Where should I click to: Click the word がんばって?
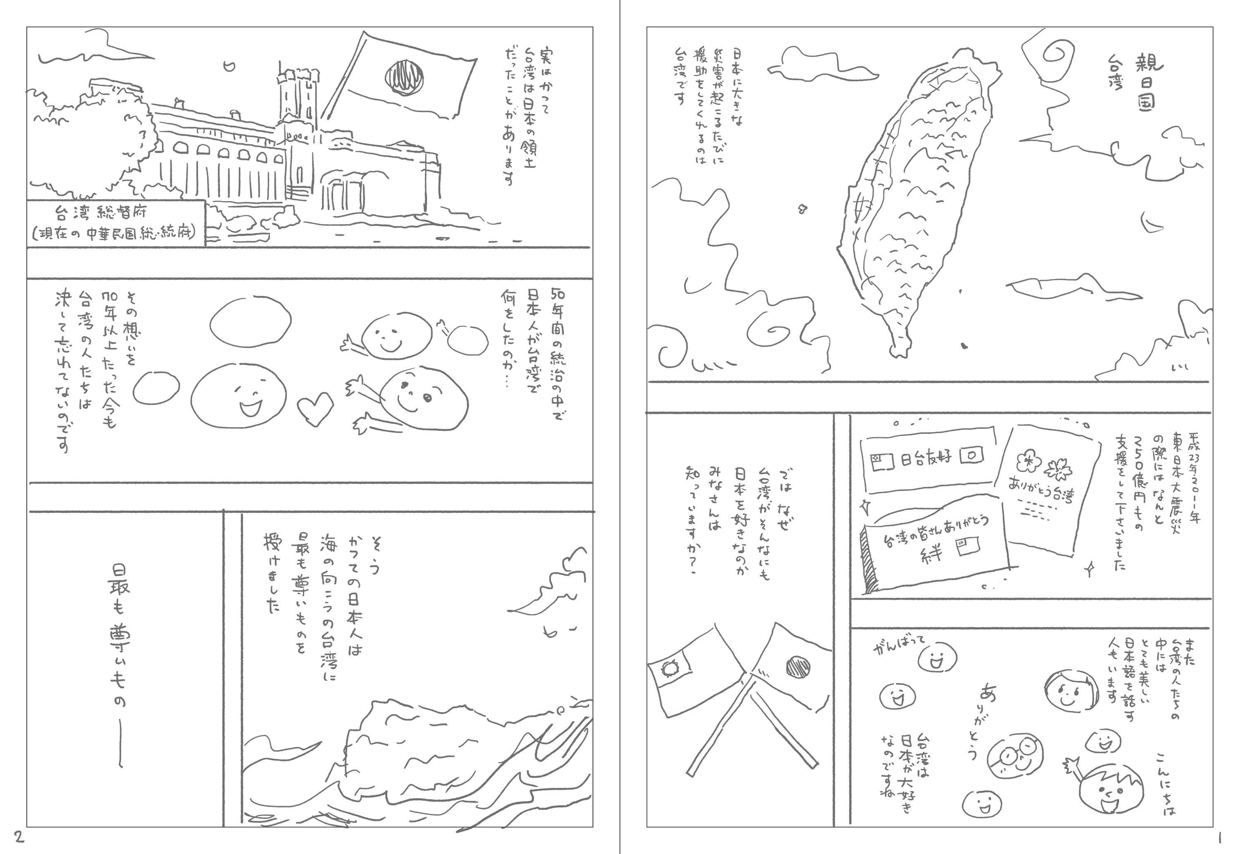pos(899,647)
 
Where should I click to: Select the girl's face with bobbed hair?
pos(1067,690)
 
